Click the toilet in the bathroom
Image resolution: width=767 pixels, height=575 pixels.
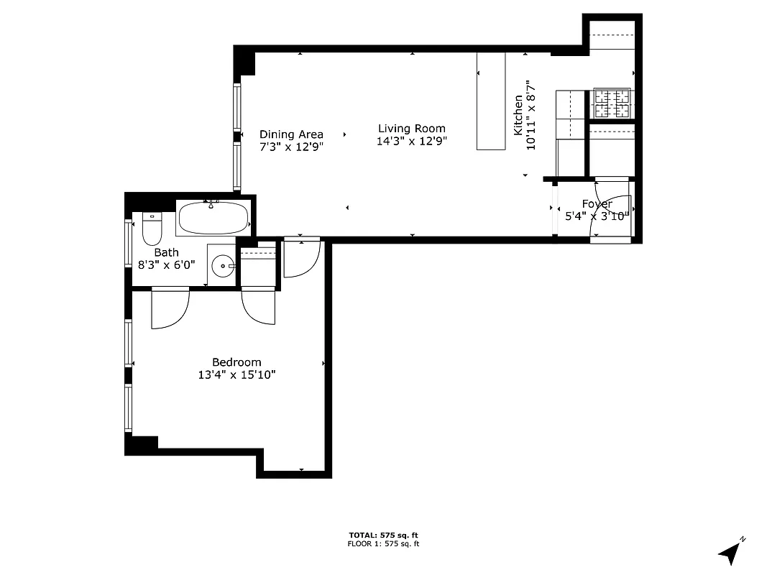point(152,229)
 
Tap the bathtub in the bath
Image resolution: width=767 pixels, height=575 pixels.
point(213,218)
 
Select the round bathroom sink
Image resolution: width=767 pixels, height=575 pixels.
point(223,266)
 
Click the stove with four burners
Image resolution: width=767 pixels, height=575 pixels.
point(612,103)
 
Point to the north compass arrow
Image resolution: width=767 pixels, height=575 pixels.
point(731,552)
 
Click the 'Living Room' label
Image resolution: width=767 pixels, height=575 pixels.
point(412,129)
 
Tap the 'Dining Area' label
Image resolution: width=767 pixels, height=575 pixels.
point(291,134)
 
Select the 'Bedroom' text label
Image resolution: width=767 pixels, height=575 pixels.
point(236,362)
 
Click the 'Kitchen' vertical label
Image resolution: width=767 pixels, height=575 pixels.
point(518,115)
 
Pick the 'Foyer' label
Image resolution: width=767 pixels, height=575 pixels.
point(597,204)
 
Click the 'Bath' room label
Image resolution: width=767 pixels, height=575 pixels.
point(166,252)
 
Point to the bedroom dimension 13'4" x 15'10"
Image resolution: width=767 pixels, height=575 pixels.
point(236,374)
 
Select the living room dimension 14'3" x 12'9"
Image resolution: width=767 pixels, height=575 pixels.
point(412,141)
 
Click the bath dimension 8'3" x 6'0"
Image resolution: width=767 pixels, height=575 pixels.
point(166,264)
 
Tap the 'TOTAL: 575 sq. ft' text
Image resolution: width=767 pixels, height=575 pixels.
point(383,535)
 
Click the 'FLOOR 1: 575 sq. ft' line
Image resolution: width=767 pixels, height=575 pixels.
point(383,544)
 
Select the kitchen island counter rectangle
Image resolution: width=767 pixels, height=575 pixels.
point(492,101)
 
